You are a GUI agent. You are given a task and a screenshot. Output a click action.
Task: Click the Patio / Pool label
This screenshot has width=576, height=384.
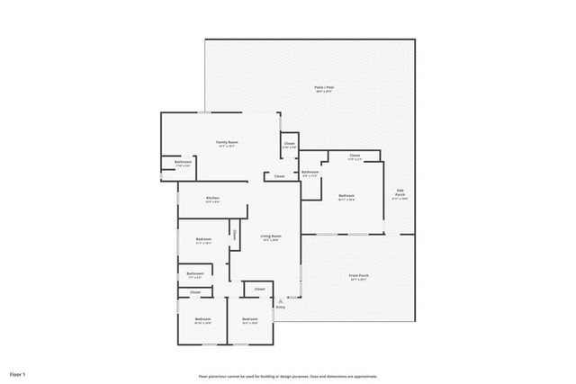coord(323,87)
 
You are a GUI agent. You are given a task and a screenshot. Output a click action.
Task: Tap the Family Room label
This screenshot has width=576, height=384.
coord(226,142)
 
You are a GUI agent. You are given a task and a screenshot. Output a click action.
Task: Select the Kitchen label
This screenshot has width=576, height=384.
coord(212,198)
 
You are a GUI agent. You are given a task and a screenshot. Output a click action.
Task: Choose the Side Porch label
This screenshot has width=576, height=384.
coord(400,192)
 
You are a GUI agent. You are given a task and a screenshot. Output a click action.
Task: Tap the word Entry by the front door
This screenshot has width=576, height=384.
coord(281,308)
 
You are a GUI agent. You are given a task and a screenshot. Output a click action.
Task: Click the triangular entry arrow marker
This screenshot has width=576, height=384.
coord(281,298)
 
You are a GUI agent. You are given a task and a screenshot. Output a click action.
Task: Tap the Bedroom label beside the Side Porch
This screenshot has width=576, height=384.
coord(346,195)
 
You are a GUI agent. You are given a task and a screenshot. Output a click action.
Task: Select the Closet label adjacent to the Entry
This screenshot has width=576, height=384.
coord(259,289)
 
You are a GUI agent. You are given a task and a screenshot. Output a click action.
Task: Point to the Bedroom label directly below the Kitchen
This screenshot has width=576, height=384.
coord(203,239)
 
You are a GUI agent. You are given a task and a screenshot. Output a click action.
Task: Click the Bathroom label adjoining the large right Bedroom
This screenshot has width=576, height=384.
coord(310,172)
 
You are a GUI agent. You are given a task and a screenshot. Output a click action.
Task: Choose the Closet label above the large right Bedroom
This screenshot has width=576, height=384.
coord(355,156)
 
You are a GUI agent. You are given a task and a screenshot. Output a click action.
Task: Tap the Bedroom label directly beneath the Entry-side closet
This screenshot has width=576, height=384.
coord(249,319)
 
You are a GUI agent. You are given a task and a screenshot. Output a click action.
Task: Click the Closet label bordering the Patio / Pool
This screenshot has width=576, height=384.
coord(289,144)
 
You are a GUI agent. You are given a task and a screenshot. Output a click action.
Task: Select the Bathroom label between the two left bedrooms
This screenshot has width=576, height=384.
coord(194,273)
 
